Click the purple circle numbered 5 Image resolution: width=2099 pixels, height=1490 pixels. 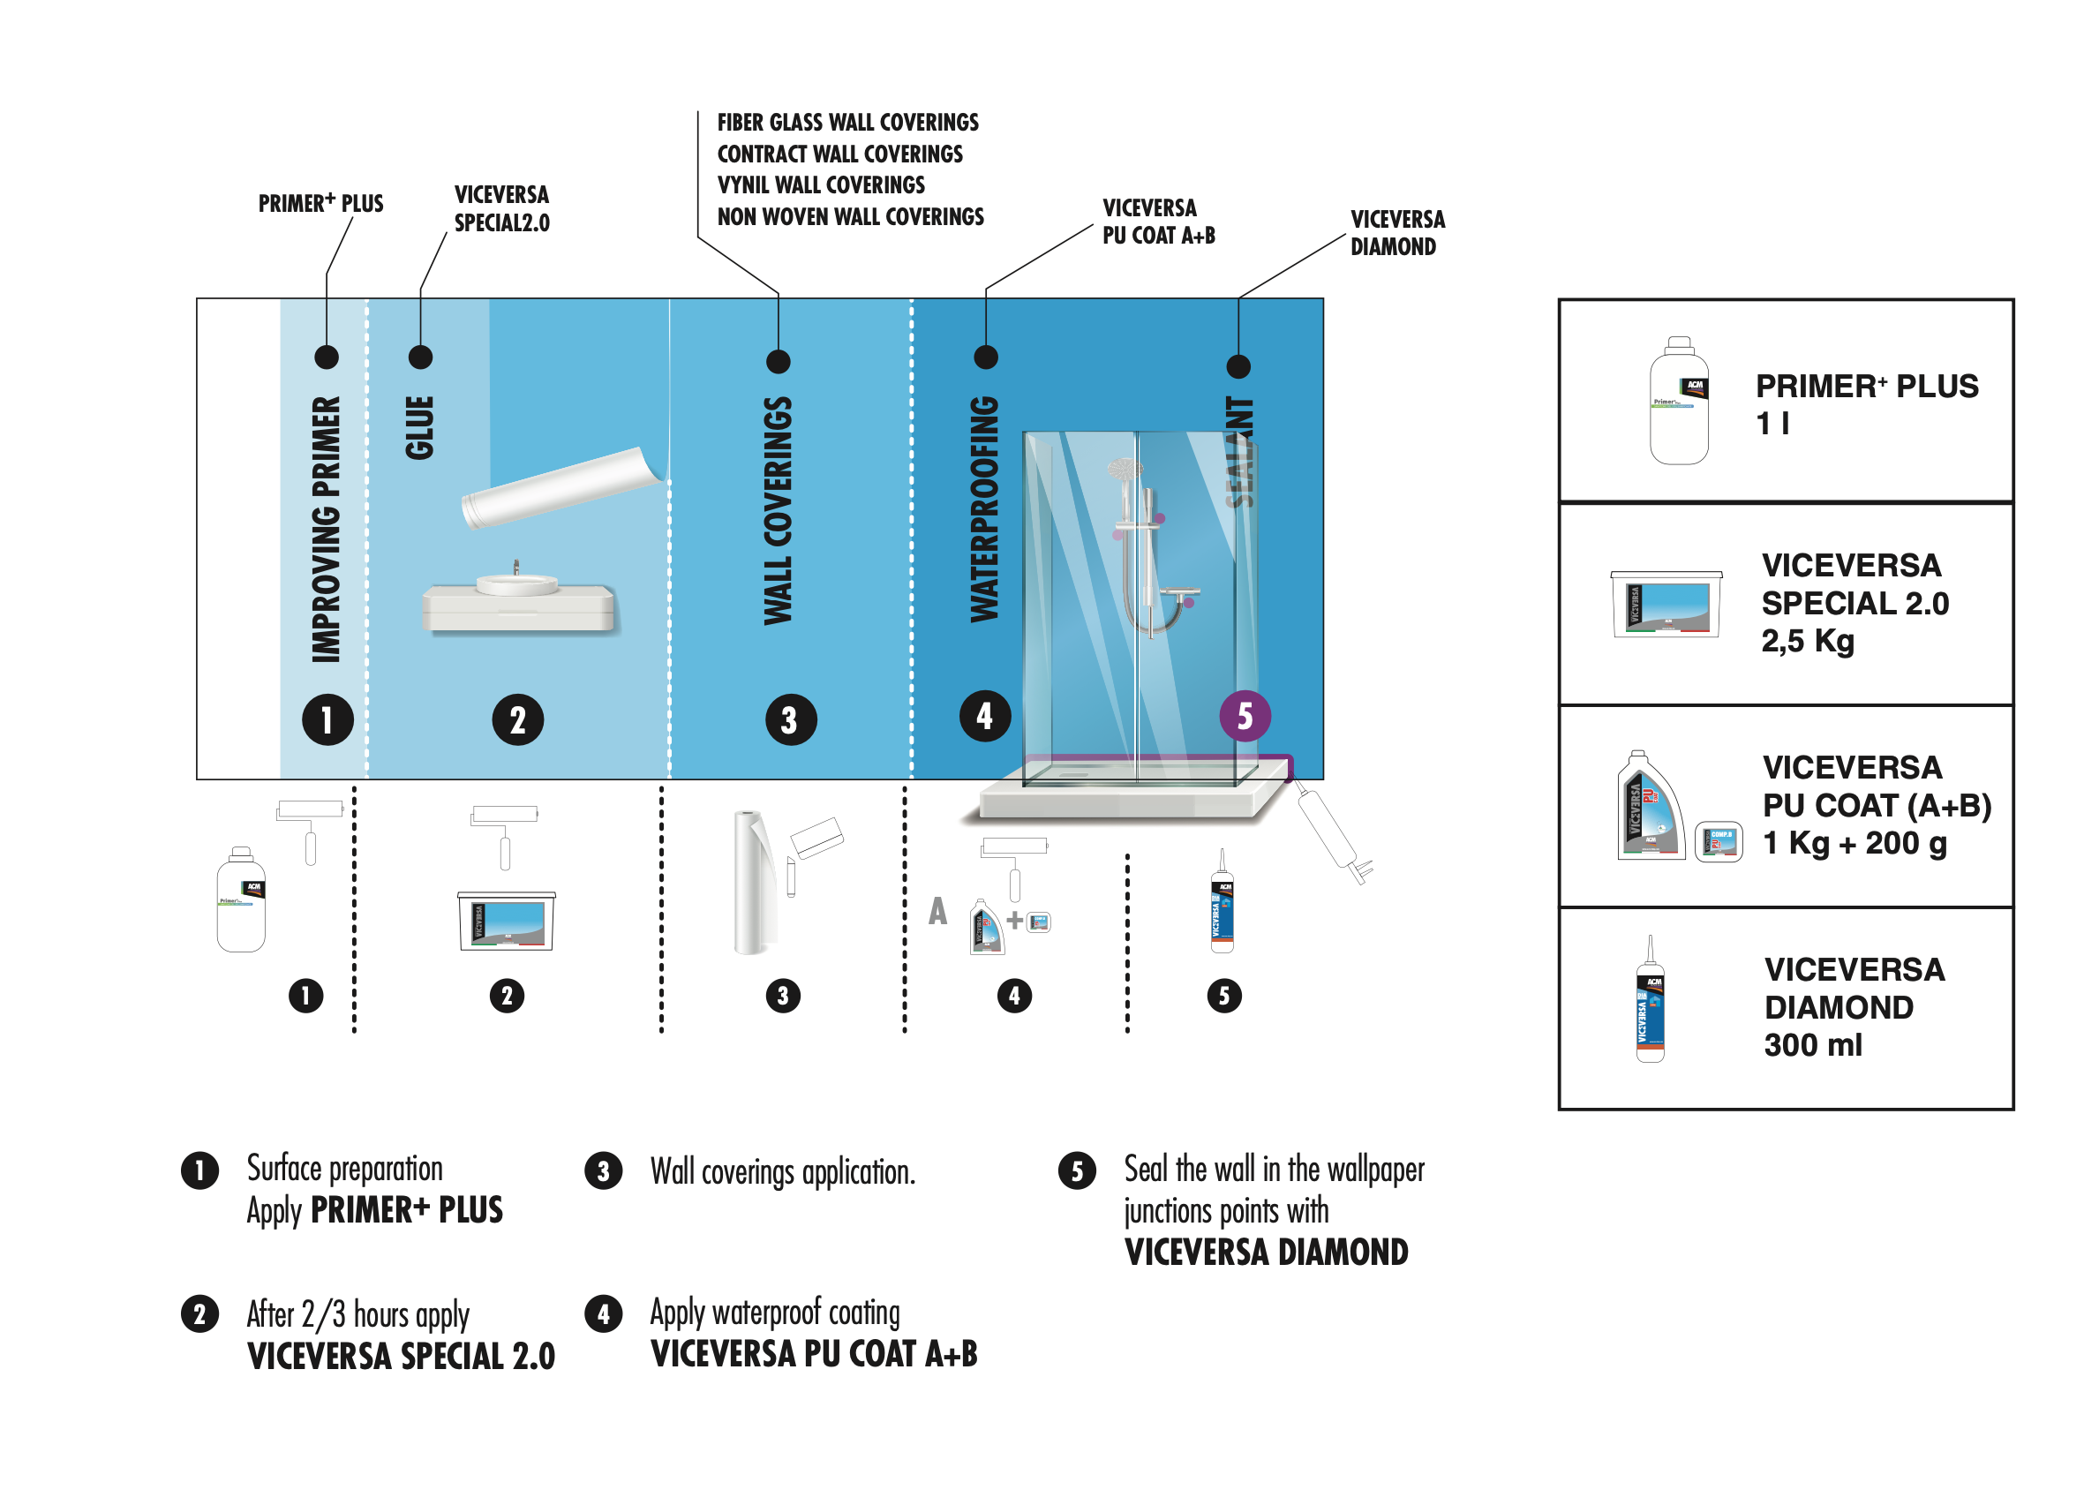point(1244,716)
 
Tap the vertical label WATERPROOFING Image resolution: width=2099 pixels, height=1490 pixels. point(984,509)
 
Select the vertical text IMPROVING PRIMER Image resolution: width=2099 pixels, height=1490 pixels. point(326,530)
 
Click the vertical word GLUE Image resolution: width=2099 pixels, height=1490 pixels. point(419,427)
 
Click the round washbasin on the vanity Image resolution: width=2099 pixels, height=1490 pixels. point(516,583)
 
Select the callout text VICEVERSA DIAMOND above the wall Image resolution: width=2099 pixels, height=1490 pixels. point(1396,233)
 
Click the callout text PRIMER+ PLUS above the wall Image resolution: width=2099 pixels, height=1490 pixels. point(320,204)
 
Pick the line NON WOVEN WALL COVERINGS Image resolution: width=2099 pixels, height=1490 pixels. point(849,217)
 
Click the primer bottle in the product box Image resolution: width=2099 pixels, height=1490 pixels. point(1678,401)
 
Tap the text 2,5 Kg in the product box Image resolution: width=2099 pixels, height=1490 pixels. point(1806,642)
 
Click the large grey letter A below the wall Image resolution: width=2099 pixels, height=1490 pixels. point(937,911)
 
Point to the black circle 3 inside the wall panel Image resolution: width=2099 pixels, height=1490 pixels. point(790,720)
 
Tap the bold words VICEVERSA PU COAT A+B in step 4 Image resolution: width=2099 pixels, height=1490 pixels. point(813,1354)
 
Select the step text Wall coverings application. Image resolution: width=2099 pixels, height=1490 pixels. point(782,1172)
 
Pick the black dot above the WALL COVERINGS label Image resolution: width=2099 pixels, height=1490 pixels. point(778,362)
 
